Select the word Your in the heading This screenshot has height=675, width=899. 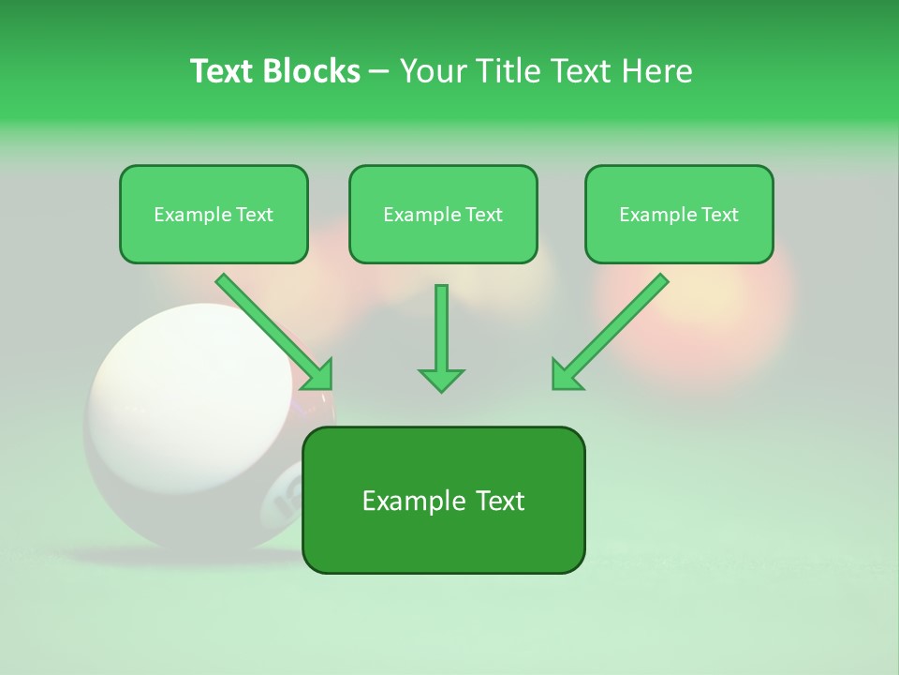pos(434,71)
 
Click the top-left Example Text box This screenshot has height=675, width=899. pos(214,215)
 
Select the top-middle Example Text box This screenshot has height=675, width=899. pos(443,215)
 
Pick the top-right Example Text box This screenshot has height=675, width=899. pos(679,215)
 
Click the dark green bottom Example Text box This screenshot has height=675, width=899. pos(443,501)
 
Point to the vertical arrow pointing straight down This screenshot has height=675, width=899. pos(441,337)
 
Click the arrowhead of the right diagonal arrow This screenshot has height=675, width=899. pos(567,374)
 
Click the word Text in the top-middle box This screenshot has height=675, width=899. pos(483,215)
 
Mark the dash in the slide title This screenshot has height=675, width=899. pos(379,72)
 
